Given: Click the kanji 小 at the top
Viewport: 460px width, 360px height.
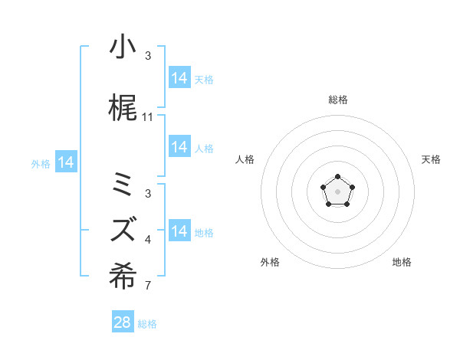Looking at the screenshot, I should click(123, 47).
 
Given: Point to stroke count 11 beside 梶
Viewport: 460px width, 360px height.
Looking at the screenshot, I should click(148, 117).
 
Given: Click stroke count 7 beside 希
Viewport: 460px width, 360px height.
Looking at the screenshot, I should click(148, 286).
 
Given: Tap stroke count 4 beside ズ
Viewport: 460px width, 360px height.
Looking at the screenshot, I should click(148, 241).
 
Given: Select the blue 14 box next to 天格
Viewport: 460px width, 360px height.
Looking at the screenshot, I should click(179, 77).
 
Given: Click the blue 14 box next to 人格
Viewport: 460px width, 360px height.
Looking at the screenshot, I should click(179, 146).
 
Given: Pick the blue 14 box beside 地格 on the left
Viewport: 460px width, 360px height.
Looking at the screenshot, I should click(179, 231).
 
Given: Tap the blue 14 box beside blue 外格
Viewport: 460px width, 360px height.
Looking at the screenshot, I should click(66, 162).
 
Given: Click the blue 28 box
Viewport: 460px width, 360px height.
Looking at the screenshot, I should click(123, 322).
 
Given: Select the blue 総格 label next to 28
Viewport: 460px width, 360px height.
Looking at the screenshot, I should click(147, 324).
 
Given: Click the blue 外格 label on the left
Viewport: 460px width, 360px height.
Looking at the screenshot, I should click(41, 163).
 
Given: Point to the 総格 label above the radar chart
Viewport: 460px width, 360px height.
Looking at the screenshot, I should click(338, 100).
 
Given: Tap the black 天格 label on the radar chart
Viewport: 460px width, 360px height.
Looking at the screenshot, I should click(431, 159).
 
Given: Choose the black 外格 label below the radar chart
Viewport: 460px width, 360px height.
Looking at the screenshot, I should click(270, 262).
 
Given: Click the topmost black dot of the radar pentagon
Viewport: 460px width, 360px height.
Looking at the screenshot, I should click(337, 178).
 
